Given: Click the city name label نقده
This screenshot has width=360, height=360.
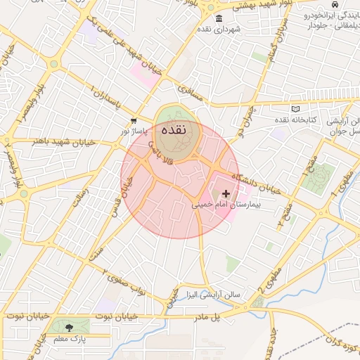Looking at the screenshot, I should click(173, 130).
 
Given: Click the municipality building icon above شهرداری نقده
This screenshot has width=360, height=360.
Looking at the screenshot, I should click(219, 18).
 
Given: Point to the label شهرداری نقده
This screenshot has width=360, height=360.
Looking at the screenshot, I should click(219, 29).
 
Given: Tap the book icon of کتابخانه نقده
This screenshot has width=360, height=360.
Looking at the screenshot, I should click(295, 109).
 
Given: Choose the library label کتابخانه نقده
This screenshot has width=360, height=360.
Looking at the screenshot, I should click(295, 121).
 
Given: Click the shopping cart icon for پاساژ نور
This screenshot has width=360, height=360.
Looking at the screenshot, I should click(134, 121).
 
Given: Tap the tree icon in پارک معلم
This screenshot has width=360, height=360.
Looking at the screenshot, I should click(69, 328).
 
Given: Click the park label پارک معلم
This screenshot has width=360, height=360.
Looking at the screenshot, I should click(69, 340).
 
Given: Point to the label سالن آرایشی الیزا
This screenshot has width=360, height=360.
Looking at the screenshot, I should click(208, 295).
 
